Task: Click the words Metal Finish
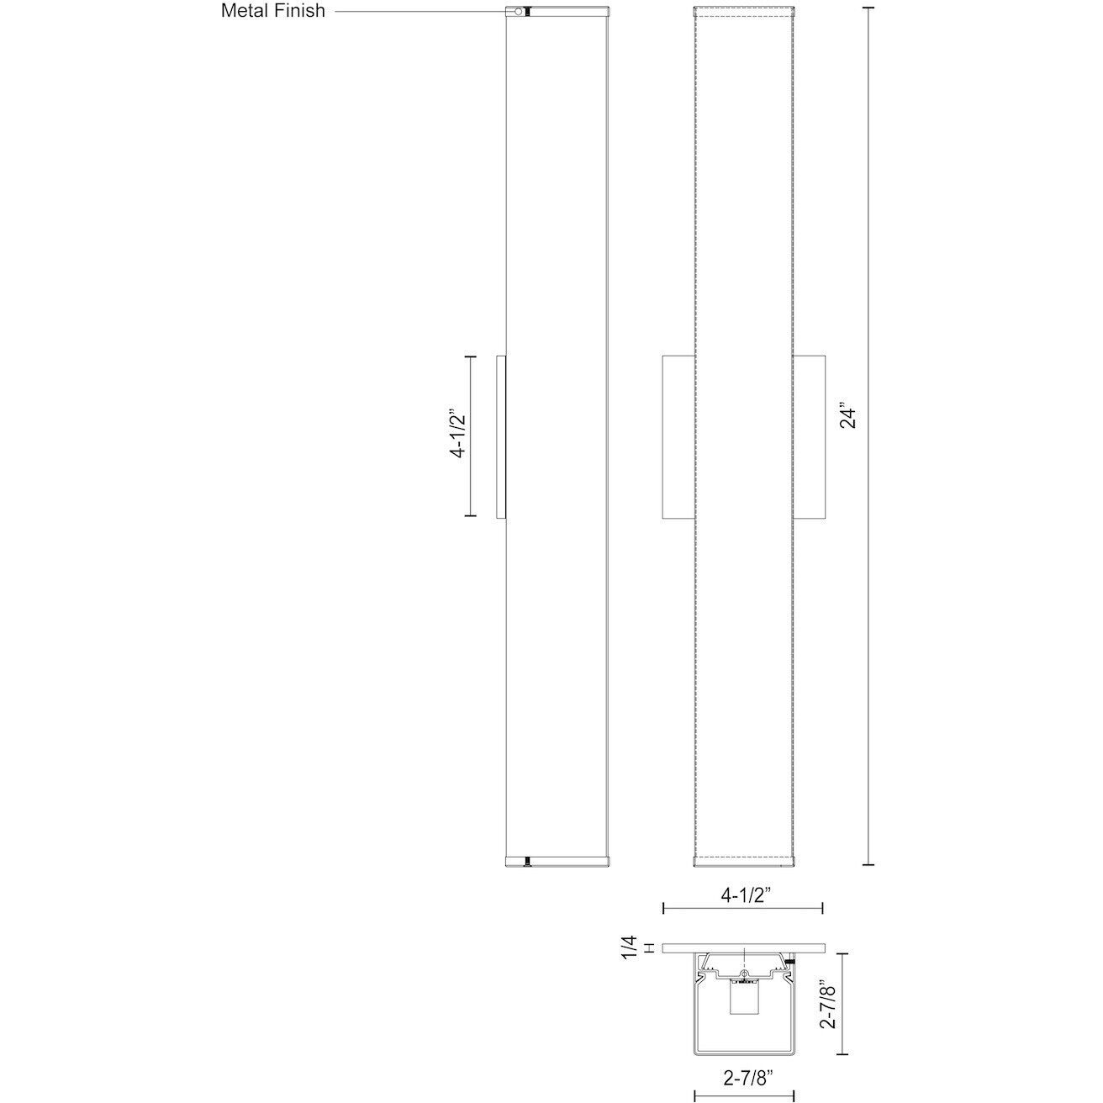[272, 11]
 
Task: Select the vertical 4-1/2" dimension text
[458, 435]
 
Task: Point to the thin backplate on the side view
[502, 435]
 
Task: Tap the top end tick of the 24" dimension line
[868, 8]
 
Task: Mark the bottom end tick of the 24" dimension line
[868, 863]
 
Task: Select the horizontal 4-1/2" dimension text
[745, 895]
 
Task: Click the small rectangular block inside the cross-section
[744, 1000]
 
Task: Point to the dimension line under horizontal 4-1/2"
[743, 908]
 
